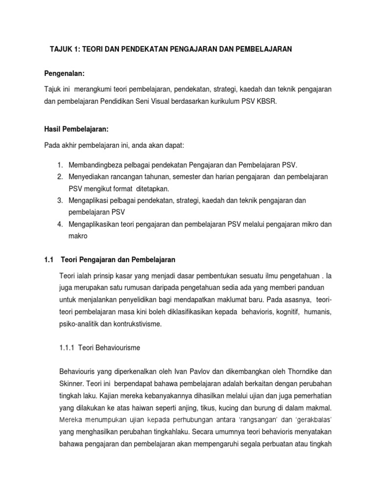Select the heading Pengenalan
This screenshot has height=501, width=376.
65,73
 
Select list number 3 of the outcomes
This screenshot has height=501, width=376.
59,201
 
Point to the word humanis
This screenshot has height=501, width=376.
317,311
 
